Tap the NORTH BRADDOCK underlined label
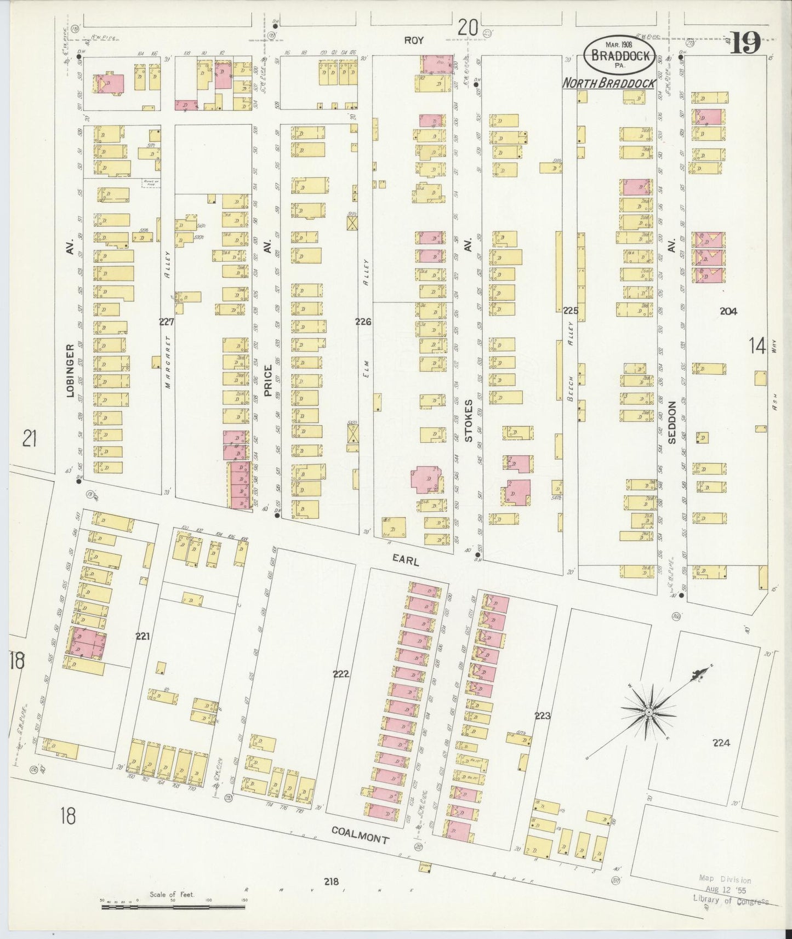click(609, 83)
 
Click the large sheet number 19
click(745, 43)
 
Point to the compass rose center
click(648, 712)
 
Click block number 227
click(167, 322)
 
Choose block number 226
click(363, 322)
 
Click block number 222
click(341, 674)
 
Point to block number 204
click(728, 311)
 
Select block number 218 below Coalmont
click(331, 881)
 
